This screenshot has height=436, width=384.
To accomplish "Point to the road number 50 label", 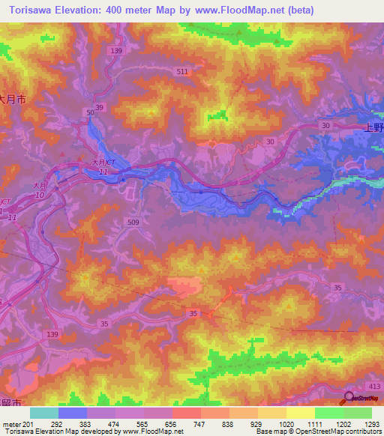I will click(x=90, y=112).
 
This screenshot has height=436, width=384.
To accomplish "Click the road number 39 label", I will click(x=100, y=108).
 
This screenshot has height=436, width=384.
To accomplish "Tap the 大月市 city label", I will click(x=13, y=98).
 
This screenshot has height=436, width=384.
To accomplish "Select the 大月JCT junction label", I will click(x=103, y=163).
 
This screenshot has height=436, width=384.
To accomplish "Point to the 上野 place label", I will click(x=373, y=127).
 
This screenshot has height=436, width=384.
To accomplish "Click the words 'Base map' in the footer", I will click(x=267, y=432).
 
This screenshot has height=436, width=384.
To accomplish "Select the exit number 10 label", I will click(x=40, y=195).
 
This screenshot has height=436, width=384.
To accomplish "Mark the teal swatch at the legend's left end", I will click(x=44, y=413).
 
